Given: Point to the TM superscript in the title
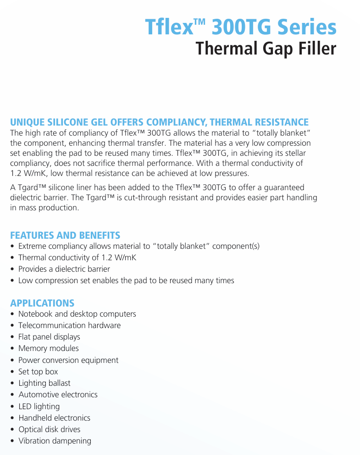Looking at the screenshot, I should pyautogui.click(x=200, y=21).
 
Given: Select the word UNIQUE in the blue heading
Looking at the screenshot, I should pyautogui.click(x=27, y=122).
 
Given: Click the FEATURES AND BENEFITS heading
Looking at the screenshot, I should pyautogui.click(x=65, y=236).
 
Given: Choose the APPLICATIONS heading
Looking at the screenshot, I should pyautogui.click(x=42, y=303).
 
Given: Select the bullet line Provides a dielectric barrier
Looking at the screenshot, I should pyautogui.click(x=64, y=269).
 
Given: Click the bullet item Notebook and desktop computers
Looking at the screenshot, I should pyautogui.click(x=77, y=314).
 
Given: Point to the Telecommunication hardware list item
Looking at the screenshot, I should pyautogui.click(x=70, y=325).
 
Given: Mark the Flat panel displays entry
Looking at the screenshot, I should pyautogui.click(x=49, y=337).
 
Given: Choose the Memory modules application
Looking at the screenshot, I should pyautogui.click(x=49, y=348).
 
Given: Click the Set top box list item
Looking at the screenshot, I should pyautogui.click(x=38, y=372).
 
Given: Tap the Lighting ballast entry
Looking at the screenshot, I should pyautogui.click(x=44, y=383).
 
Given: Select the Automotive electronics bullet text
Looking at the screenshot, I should pyautogui.click(x=58, y=395).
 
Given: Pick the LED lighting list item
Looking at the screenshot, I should pyautogui.click(x=39, y=406).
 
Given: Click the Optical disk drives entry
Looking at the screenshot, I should pyautogui.click(x=50, y=429).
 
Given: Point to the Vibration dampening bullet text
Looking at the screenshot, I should pyautogui.click(x=55, y=441).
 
